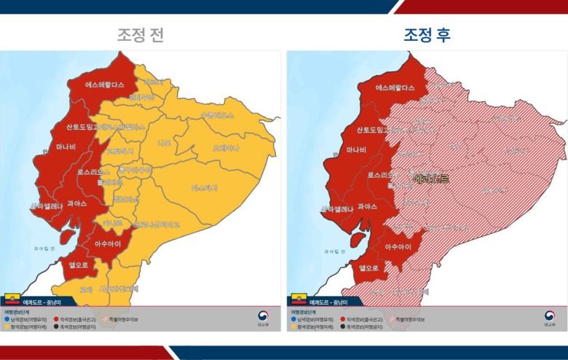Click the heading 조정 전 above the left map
(x=141, y=34)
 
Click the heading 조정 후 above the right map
(x=427, y=34)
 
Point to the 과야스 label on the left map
(x=76, y=204)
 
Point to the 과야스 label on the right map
(x=367, y=207)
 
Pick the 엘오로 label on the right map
(x=368, y=267)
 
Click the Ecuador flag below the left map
(x=12, y=299)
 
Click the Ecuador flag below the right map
(x=298, y=299)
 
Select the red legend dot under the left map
(x=57, y=319)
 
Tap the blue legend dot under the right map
(x=293, y=319)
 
